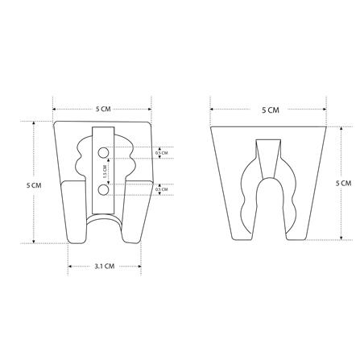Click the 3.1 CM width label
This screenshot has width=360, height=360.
click(104, 265)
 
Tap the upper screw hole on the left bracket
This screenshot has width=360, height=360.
click(103, 152)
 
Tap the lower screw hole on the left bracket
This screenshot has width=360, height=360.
click(103, 188)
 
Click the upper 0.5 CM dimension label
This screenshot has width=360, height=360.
click(161, 152)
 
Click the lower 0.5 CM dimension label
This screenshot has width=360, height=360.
click(161, 189)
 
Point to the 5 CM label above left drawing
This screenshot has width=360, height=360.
click(103, 109)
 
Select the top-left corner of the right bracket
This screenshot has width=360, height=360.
click(211, 127)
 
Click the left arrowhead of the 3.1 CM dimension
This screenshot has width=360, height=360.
click(69, 265)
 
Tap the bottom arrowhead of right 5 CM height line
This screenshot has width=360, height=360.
click(342, 238)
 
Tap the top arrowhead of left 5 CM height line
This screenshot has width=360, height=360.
click(34, 122)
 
